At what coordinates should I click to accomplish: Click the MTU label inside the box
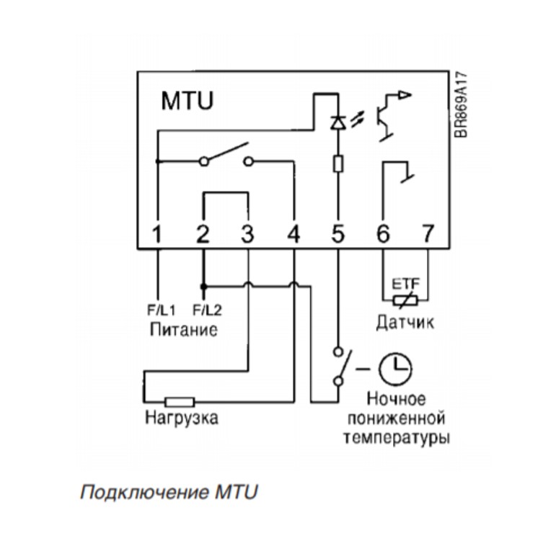[187, 101]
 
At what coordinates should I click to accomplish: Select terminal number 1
[156, 234]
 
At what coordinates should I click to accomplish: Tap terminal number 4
[294, 234]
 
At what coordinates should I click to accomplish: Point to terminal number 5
[337, 234]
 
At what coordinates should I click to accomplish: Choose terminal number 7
[428, 234]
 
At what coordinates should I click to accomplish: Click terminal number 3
[247, 234]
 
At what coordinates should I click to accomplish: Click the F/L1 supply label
[162, 310]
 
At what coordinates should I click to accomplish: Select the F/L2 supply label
[208, 310]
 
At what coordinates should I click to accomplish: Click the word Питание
[184, 330]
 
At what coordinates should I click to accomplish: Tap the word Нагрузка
[182, 417]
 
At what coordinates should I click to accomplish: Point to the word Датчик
[405, 323]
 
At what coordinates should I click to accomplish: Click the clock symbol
[395, 369]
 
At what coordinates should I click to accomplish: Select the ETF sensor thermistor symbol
[405, 301]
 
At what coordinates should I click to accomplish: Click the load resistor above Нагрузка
[180, 402]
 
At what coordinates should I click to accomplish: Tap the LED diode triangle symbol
[338, 122]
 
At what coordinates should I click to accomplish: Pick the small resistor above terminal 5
[338, 163]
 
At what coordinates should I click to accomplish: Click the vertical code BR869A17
[461, 104]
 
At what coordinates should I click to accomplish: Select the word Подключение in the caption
[144, 493]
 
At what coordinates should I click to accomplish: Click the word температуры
[397, 438]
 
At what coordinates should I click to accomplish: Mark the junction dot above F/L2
[203, 286]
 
